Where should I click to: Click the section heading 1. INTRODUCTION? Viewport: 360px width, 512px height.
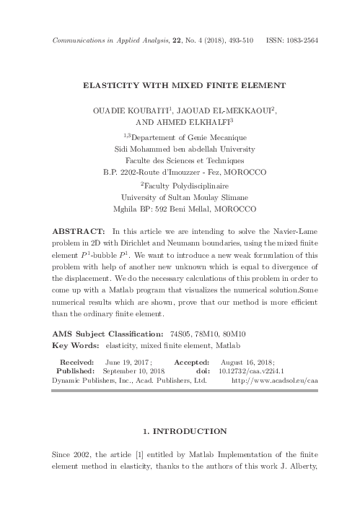180,431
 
